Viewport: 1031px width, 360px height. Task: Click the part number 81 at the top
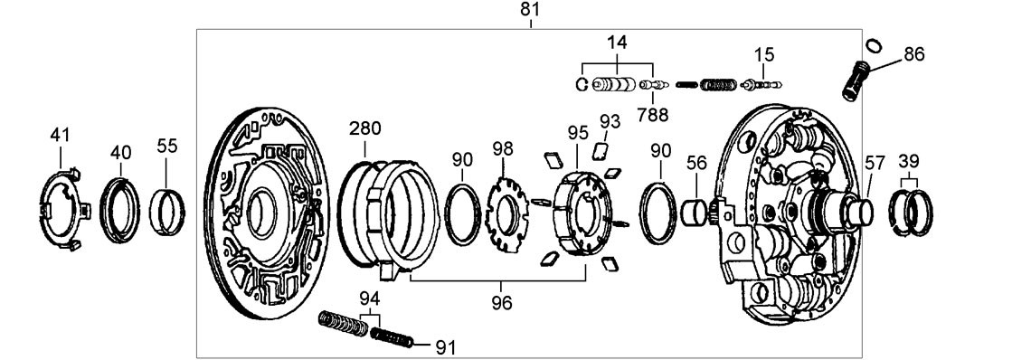(x=530, y=9)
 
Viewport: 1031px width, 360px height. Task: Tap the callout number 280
(x=365, y=128)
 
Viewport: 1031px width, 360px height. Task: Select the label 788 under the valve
(x=652, y=115)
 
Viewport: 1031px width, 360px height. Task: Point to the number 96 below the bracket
(x=502, y=303)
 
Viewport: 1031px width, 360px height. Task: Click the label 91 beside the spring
(x=444, y=346)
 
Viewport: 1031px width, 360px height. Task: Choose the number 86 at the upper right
(x=914, y=54)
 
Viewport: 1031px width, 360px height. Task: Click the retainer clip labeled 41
(x=61, y=209)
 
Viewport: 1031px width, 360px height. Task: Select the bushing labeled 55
(x=168, y=212)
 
